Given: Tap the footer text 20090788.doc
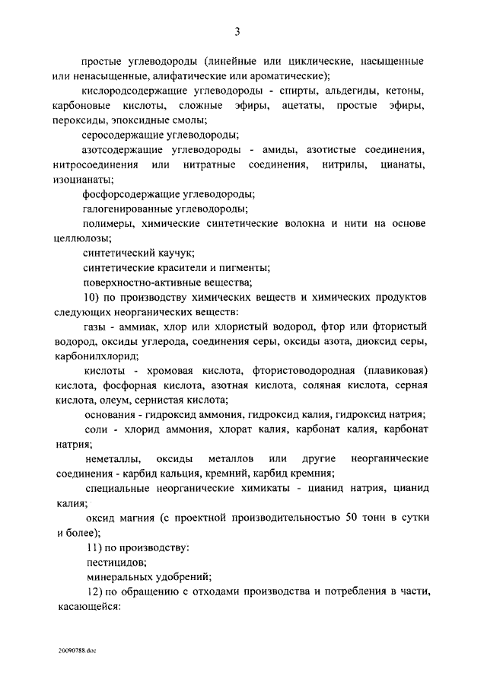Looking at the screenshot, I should coord(77,652).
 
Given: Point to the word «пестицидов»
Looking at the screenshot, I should coord(115,563).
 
